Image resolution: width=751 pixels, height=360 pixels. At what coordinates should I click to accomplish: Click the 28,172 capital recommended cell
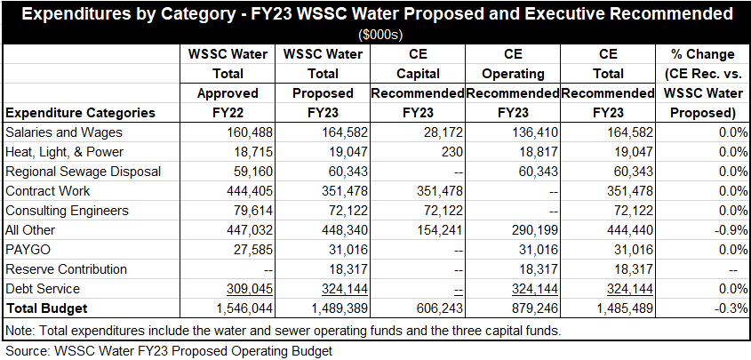(x=440, y=132)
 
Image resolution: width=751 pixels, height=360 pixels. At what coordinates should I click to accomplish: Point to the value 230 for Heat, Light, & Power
(x=451, y=151)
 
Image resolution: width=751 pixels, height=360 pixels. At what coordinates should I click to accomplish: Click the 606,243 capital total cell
(x=435, y=308)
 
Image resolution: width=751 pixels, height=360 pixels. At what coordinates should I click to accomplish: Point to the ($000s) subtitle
(x=375, y=34)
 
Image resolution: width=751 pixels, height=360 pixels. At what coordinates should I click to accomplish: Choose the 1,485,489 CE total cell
(x=618, y=308)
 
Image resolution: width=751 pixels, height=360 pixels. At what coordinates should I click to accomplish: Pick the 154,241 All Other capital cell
(x=435, y=229)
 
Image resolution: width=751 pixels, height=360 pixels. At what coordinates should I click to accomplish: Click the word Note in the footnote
(x=20, y=331)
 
